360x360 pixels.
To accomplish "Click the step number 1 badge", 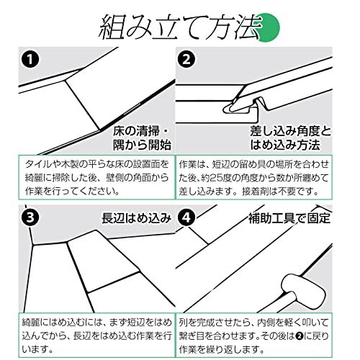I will point(29,59).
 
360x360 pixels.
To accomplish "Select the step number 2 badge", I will point(187,59).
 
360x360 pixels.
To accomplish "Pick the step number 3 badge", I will point(29,216).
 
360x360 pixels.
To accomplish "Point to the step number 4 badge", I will point(187,216).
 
